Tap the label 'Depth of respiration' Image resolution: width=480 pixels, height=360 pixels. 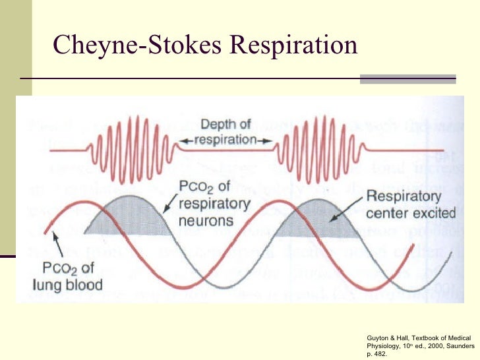pyautogui.click(x=225, y=132)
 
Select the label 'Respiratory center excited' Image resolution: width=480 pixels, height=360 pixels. pyautogui.click(x=411, y=204)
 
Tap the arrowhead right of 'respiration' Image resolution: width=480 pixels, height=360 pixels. pyautogui.click(x=266, y=140)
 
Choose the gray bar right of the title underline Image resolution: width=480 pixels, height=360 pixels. pyautogui.click(x=407, y=79)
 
